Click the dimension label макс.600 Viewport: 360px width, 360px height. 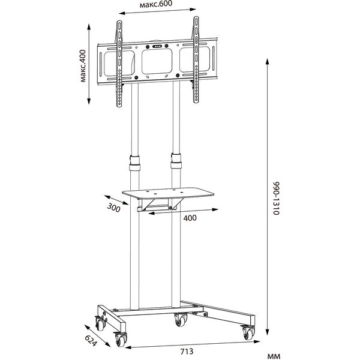(156, 4)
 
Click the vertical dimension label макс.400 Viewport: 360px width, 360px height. (83, 65)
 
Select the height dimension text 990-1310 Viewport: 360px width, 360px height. (276, 198)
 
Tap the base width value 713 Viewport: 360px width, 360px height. (187, 351)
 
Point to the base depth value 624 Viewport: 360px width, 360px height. (91, 340)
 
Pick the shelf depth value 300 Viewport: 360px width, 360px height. (113, 208)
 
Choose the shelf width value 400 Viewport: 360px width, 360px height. (190, 218)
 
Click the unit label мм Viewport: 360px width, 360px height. (274, 356)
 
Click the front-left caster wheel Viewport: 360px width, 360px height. (120, 340)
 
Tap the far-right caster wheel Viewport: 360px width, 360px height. (248, 332)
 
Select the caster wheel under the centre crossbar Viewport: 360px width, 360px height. (181, 319)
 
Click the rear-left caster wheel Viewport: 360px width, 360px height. (100, 323)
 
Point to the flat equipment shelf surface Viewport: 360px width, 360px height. (168, 193)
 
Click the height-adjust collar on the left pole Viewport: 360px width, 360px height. (134, 163)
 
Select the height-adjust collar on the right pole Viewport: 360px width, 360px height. (176, 161)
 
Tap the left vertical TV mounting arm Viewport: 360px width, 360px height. (119, 64)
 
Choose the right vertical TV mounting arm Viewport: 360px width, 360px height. (196, 59)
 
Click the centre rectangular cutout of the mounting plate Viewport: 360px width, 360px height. (157, 61)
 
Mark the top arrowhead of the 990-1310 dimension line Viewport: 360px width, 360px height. (267, 62)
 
